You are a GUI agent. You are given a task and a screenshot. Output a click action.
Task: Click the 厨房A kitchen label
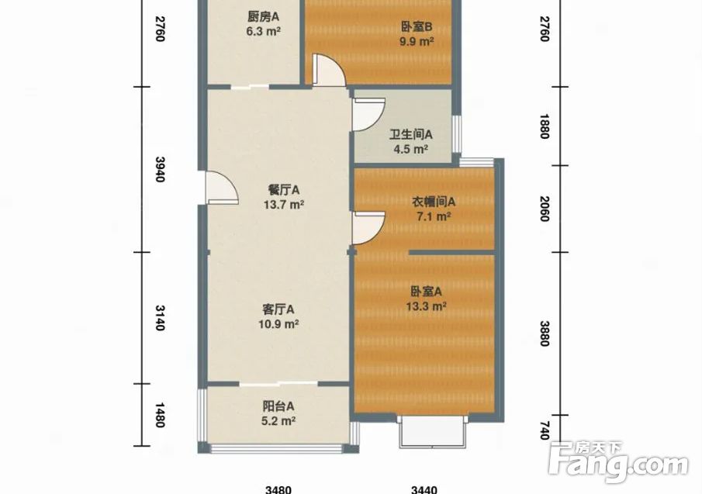(263, 16)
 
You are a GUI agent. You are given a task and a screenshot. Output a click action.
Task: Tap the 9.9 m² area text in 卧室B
(417, 42)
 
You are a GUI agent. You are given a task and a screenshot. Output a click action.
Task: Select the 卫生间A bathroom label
(410, 134)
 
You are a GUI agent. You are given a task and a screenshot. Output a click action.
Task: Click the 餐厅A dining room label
(284, 190)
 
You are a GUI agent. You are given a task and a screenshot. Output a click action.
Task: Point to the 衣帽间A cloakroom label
(434, 202)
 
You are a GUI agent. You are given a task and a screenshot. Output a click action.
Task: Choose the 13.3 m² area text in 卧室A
(426, 306)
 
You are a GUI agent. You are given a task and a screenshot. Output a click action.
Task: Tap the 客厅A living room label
(278, 309)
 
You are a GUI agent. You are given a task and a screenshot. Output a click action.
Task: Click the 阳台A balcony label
(278, 406)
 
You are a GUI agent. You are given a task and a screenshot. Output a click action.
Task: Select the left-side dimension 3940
(160, 169)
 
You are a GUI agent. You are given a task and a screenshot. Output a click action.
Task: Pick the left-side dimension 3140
(160, 318)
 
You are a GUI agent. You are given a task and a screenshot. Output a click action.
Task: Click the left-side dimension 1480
(160, 415)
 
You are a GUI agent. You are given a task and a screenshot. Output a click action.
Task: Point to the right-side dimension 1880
(544, 126)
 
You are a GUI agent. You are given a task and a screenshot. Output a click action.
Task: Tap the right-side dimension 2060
(544, 209)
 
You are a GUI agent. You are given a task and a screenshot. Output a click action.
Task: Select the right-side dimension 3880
(544, 333)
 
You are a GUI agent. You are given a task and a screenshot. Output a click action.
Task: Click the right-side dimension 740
(544, 430)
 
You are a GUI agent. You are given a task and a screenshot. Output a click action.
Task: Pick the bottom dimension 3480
(278, 490)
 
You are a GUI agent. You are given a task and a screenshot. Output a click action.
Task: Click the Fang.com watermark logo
(618, 461)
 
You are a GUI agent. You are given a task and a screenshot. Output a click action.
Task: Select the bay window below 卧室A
(433, 431)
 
